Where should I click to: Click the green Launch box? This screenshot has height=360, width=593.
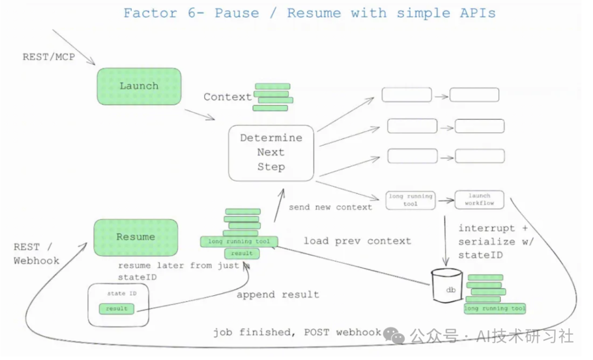(x=139, y=86)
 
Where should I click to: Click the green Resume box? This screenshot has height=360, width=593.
(x=136, y=238)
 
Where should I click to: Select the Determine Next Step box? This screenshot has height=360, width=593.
(x=271, y=153)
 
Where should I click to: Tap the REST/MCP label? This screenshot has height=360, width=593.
(x=49, y=57)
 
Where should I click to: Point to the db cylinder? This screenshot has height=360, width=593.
(x=446, y=286)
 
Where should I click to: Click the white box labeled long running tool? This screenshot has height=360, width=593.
(x=410, y=200)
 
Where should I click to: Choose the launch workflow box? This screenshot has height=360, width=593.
(x=479, y=199)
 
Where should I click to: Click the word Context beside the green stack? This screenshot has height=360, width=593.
(x=228, y=97)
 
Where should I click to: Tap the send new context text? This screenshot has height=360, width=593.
(x=331, y=207)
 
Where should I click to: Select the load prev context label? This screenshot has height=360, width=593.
(x=357, y=241)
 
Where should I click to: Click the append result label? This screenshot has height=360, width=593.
(x=278, y=295)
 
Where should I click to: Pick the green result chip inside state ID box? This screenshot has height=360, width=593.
(x=116, y=308)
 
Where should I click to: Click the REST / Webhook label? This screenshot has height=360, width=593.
(x=36, y=254)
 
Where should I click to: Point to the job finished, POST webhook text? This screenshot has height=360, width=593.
(x=297, y=333)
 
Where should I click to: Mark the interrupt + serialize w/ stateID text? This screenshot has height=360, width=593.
(x=496, y=241)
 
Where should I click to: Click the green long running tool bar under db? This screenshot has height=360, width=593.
(x=495, y=308)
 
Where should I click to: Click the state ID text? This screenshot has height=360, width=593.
(x=122, y=294)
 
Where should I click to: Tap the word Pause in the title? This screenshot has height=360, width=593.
(x=237, y=13)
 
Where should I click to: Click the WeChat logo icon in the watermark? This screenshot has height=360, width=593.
(x=394, y=335)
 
